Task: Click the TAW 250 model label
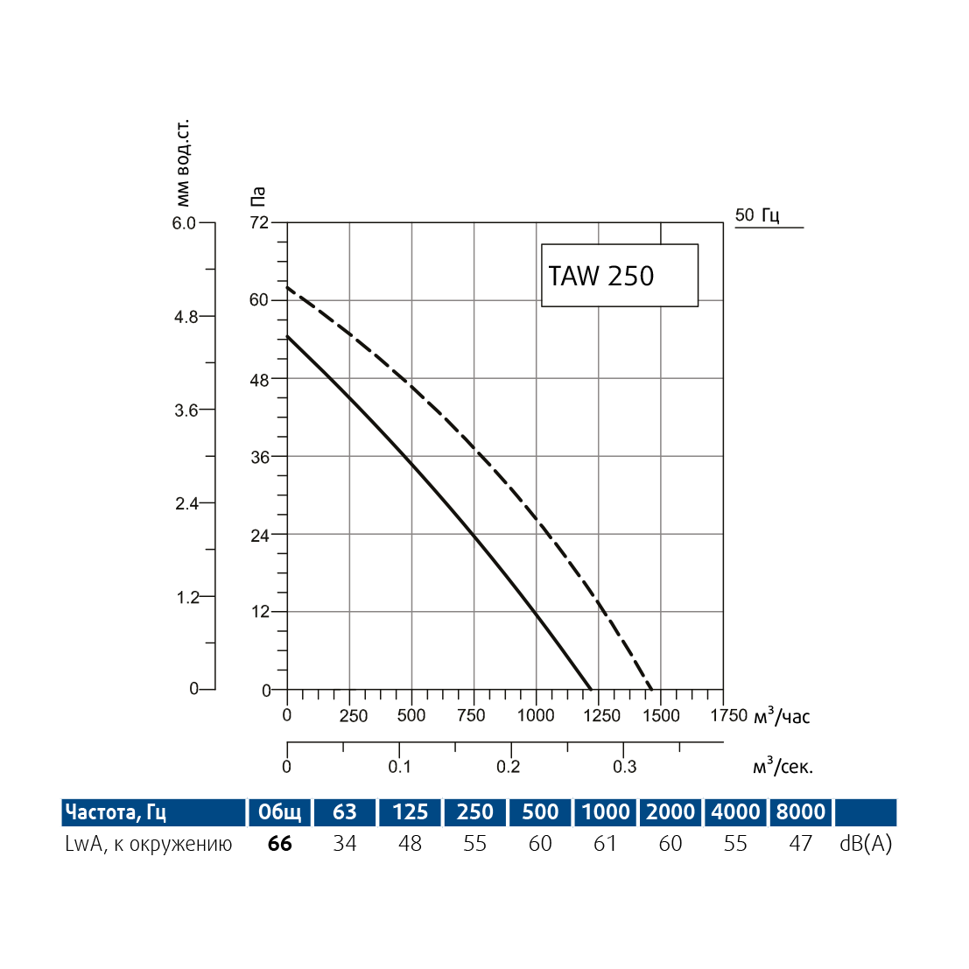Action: coord(601,276)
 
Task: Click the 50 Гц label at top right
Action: coord(757,214)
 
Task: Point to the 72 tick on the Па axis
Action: coord(259,222)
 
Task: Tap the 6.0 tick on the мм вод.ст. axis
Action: coord(184,223)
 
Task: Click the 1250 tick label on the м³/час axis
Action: coord(602,715)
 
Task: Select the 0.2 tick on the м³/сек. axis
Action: coord(509,767)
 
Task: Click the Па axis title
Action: coord(257,197)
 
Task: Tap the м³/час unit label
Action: coord(782,717)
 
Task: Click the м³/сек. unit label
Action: coord(783,767)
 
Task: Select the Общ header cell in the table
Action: coord(280,812)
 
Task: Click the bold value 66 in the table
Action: coord(280,844)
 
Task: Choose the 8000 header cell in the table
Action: coord(801,812)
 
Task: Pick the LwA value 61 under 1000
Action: coord(606,844)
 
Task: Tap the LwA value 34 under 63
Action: coord(345,844)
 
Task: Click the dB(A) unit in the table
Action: coord(866,844)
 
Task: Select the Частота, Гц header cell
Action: coord(116,812)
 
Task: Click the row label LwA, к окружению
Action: coord(149,844)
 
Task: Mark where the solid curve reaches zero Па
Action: coord(592,690)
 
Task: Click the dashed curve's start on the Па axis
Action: coord(288,288)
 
